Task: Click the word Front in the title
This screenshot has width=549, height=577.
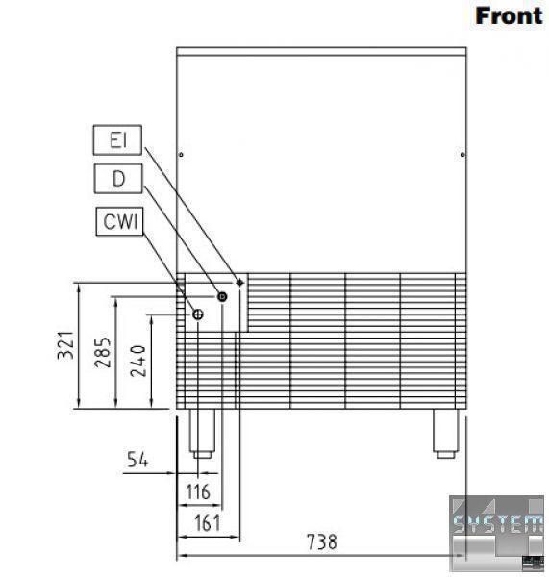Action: click(x=509, y=16)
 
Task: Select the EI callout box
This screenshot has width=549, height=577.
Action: click(x=117, y=139)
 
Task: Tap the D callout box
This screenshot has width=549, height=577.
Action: click(x=118, y=179)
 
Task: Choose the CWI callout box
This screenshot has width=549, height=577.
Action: click(x=119, y=221)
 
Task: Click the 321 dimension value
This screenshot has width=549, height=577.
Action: click(x=66, y=345)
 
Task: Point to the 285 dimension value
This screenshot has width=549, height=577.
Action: click(x=102, y=352)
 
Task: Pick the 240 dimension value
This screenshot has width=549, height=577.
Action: click(x=138, y=361)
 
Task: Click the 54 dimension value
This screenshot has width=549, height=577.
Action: click(x=137, y=460)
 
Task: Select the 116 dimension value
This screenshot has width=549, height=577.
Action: click(x=198, y=491)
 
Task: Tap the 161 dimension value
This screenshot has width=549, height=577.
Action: click(x=208, y=523)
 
